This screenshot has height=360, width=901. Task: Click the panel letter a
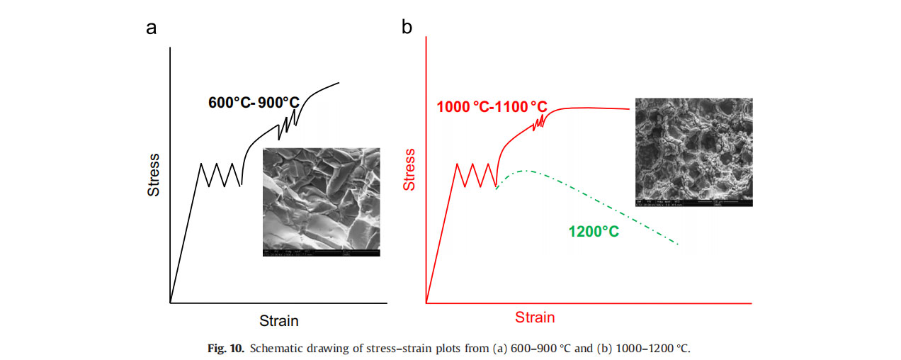pyautogui.click(x=151, y=28)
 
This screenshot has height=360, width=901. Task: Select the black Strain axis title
pyautogui.click(x=278, y=320)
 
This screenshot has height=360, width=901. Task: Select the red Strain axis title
pyautogui.click(x=535, y=317)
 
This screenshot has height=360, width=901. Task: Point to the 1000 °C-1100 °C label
pyautogui.click(x=492, y=108)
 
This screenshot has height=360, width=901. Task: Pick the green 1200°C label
pyautogui.click(x=594, y=231)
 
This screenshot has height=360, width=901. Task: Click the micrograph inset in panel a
pyautogui.click(x=321, y=202)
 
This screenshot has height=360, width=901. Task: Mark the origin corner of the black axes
pyautogui.click(x=171, y=303)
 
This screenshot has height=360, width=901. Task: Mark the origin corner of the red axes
pyautogui.click(x=426, y=303)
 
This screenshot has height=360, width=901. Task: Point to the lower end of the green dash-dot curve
pyautogui.click(x=679, y=245)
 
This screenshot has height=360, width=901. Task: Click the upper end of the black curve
pyautogui.click(x=339, y=83)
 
